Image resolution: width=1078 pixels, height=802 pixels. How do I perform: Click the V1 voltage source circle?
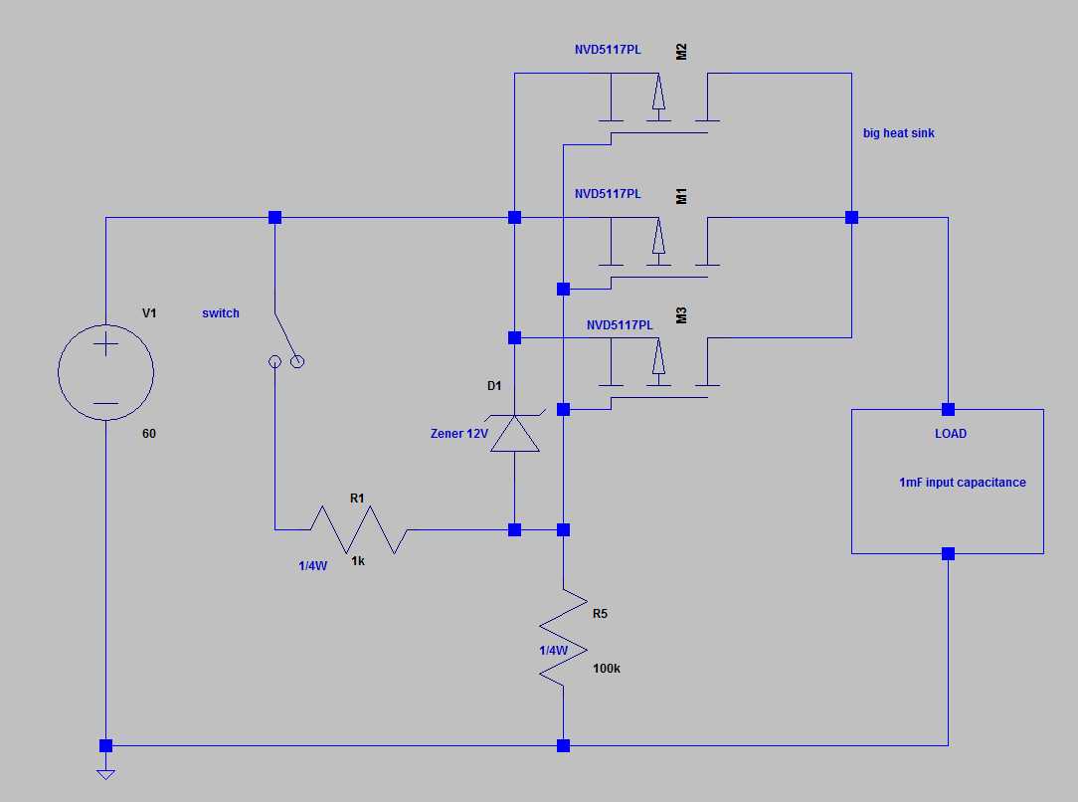105,373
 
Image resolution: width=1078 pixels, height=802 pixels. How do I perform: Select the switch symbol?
284,343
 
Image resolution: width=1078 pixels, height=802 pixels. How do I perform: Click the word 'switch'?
221,313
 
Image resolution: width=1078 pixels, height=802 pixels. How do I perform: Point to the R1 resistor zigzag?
360,529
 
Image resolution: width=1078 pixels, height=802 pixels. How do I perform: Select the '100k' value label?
606,669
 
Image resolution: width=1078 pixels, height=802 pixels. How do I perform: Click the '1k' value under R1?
358,561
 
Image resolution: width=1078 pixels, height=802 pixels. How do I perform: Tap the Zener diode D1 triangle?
515,434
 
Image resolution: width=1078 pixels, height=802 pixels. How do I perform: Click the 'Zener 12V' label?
458,433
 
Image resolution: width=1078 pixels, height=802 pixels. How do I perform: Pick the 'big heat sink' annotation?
899,133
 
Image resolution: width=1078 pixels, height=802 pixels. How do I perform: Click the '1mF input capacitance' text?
962,483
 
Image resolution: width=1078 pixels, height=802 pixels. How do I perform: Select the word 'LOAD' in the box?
949,434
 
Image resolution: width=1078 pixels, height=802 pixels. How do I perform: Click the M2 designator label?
681,52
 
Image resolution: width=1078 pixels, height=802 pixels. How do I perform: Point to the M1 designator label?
681,195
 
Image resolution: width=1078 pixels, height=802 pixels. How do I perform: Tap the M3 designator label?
681,316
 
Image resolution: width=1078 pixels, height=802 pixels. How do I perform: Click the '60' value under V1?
149,434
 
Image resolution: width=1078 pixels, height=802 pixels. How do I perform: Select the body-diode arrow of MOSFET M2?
657,94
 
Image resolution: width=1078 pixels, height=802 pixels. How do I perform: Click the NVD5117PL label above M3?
620,325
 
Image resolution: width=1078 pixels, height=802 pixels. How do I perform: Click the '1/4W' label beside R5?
553,651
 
